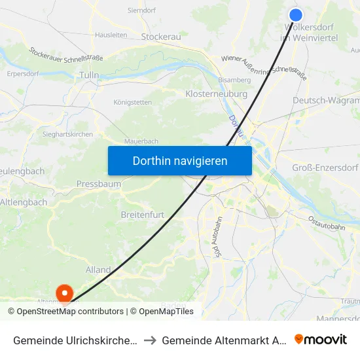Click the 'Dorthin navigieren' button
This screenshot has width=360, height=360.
pos(179,160)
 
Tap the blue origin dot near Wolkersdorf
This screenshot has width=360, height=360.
pos(295,14)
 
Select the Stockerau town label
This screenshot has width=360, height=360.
pos(160,37)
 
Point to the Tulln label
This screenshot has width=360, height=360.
pos(88,75)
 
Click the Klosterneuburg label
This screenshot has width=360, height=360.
pos(217,94)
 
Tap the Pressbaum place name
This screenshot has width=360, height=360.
pos(98,184)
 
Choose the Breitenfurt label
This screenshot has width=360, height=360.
pos(141,215)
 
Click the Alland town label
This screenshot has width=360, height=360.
pos(98,270)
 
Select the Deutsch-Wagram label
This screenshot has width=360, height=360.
pos(326,100)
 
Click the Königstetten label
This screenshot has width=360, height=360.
pos(133,102)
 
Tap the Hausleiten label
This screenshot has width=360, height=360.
pos(111,35)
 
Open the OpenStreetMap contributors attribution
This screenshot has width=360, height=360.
pos(70,312)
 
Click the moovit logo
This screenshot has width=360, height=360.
pos(321,339)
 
